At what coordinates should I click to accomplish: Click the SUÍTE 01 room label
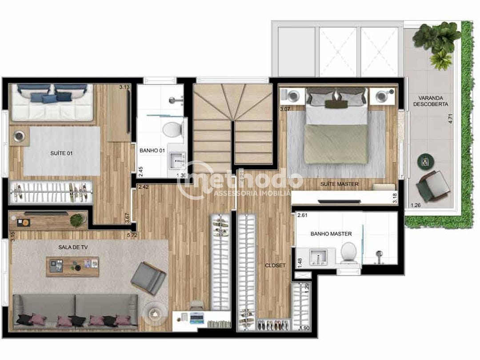61,153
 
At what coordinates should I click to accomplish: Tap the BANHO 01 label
152,151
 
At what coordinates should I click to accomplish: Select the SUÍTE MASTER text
340,184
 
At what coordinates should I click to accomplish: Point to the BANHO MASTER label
331,234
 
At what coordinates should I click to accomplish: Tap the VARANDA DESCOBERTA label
430,101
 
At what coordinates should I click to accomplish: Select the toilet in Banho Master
348,252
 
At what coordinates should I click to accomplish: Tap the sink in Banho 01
180,158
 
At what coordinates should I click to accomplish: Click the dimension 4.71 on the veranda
450,119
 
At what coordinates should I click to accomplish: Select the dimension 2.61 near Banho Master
303,216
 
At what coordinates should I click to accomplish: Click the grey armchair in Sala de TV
148,278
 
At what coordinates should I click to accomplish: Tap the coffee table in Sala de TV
72,266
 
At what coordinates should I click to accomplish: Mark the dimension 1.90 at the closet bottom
305,328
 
